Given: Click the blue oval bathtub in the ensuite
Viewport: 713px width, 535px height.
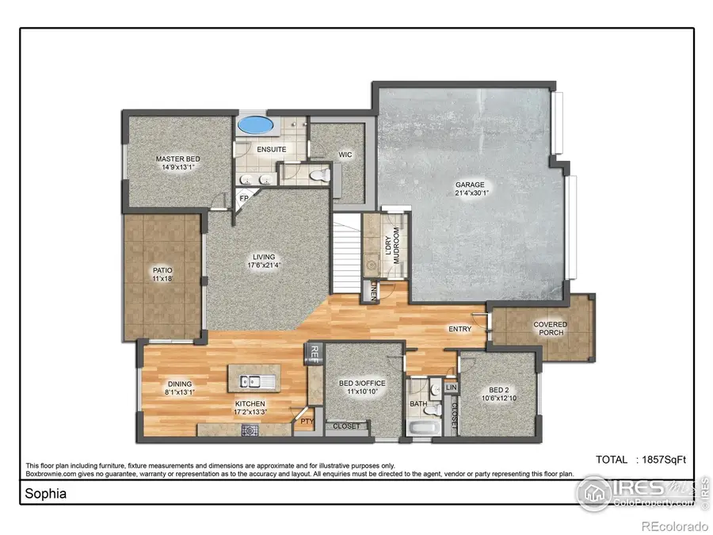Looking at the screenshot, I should [254, 125].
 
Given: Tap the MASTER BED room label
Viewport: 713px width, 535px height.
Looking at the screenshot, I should [177, 163].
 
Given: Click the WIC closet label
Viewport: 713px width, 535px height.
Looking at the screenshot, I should [345, 155].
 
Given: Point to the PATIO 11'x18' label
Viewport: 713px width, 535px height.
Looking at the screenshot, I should [162, 274].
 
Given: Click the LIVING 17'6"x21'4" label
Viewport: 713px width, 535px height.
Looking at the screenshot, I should [264, 261].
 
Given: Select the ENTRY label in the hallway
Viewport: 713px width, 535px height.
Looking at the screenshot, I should [459, 329].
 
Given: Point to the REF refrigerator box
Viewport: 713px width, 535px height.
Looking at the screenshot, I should [314, 353].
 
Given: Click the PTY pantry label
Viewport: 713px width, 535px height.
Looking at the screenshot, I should [306, 422].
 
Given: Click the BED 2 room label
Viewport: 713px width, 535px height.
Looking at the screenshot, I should [498, 394].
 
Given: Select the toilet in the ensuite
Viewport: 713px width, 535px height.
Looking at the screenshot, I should [320, 174].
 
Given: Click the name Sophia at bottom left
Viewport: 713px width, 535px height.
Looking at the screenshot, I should [45, 493].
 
